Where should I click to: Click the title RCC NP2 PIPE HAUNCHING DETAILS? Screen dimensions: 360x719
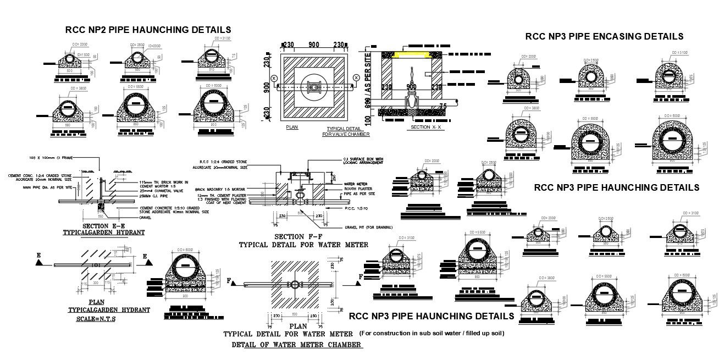pyautogui.click(x=148, y=29)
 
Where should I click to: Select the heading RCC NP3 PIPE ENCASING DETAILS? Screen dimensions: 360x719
pyautogui.click(x=604, y=36)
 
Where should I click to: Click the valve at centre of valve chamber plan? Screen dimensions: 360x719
pyautogui.click(x=314, y=86)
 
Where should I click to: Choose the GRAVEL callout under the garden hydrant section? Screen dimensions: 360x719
pyautogui.click(x=145, y=217)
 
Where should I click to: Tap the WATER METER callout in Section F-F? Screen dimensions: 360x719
pyautogui.click(x=355, y=184)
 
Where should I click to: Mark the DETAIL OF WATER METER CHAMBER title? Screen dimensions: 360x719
pyautogui.click(x=297, y=345)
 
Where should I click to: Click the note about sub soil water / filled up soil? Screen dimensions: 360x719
pyautogui.click(x=432, y=333)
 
